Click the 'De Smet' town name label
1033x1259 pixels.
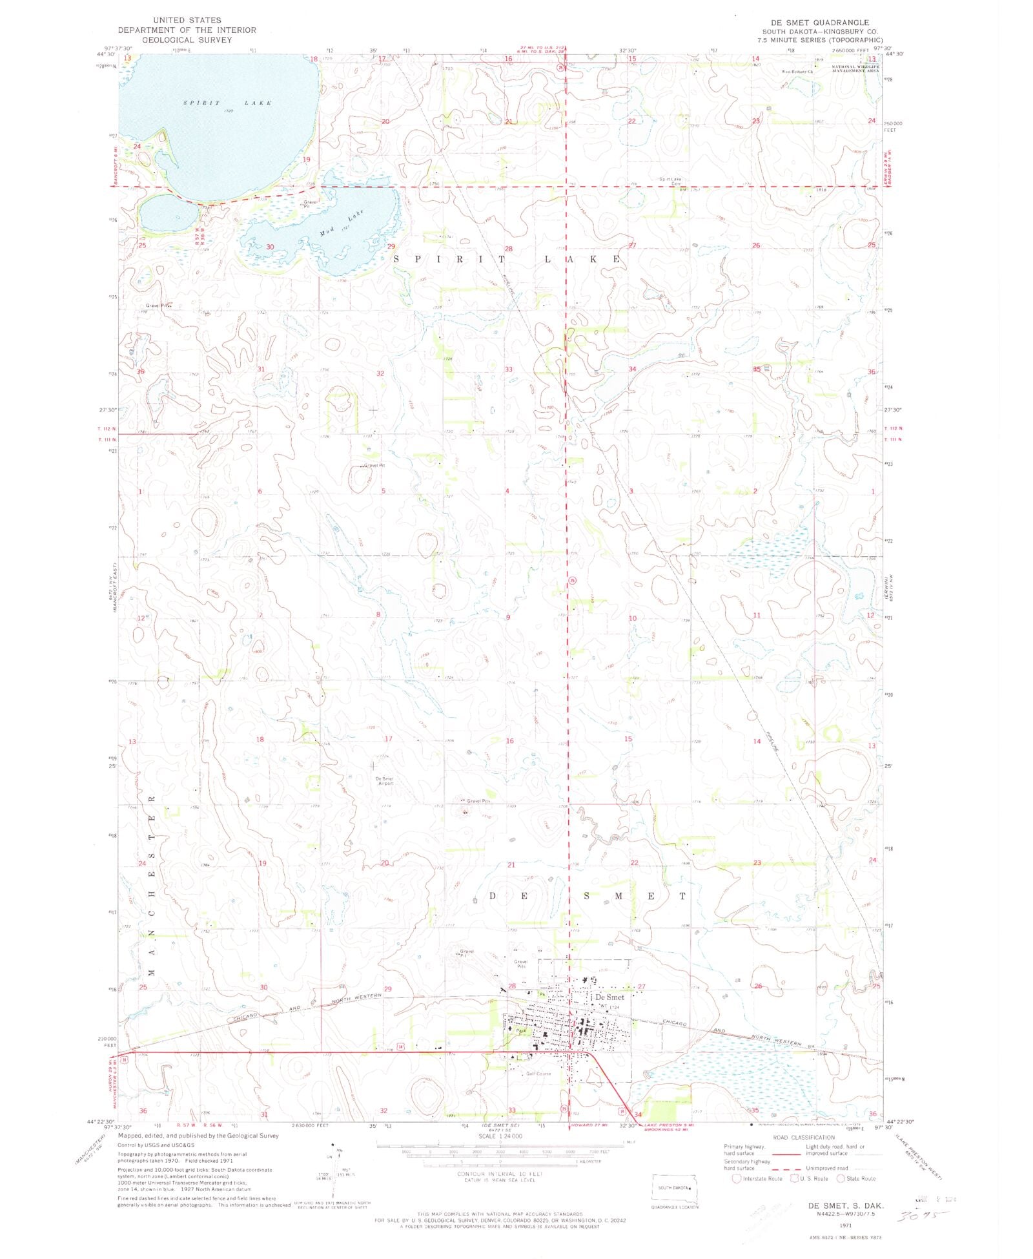(609, 997)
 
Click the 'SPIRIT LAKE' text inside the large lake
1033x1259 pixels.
(227, 103)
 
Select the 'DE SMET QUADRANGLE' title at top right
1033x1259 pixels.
(819, 23)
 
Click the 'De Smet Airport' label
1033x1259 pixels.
(384, 780)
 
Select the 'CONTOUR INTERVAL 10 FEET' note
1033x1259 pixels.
(500, 1174)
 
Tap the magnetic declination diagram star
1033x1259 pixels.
(333, 1144)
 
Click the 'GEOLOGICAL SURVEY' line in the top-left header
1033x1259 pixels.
(187, 40)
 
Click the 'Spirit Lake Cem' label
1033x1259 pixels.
(670, 181)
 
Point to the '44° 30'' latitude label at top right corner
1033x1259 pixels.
(894, 54)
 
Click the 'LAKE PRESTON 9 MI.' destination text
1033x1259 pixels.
(669, 1125)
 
